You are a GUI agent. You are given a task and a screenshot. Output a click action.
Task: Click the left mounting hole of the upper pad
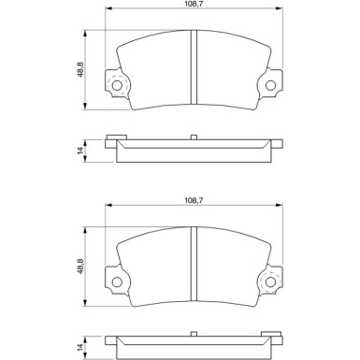pyautogui.click(x=117, y=87)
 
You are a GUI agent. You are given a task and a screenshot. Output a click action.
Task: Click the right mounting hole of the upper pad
pyautogui.click(x=270, y=87)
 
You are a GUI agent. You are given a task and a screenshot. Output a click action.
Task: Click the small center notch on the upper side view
pyautogui.click(x=194, y=137)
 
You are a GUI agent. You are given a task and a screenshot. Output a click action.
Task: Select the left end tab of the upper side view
pyautogui.click(x=115, y=140)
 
